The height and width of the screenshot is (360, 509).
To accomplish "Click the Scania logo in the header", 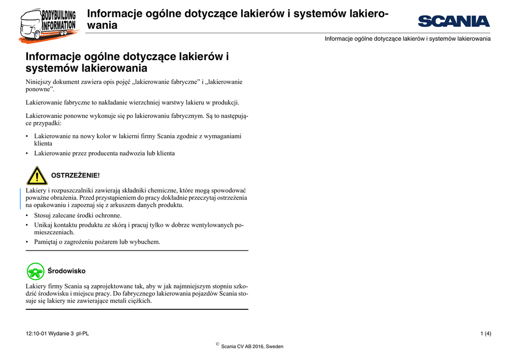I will pyautogui.click(x=454, y=21).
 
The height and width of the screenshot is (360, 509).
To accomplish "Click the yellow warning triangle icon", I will pyautogui.click(x=37, y=176).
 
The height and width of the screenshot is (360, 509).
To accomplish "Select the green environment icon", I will pyautogui.click(x=36, y=271).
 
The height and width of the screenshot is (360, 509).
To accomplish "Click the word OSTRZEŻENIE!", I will pyautogui.click(x=76, y=176).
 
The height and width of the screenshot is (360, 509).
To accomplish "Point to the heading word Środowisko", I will pyautogui.click(x=66, y=271).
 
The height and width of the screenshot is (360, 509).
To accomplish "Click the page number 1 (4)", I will pyautogui.click(x=486, y=333).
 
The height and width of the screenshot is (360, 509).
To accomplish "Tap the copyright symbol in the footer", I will pyautogui.click(x=218, y=344).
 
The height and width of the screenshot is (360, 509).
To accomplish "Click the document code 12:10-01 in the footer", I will pyautogui.click(x=38, y=333).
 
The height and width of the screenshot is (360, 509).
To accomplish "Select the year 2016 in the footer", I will pyautogui.click(x=257, y=347).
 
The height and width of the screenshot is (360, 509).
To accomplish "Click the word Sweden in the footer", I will pyautogui.click(x=275, y=347).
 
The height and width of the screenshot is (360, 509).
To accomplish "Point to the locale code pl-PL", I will pyautogui.click(x=83, y=333).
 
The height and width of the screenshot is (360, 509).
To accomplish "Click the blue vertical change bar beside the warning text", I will pyautogui.click(x=20, y=198).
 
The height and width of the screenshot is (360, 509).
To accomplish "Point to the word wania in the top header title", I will pyautogui.click(x=102, y=25).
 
